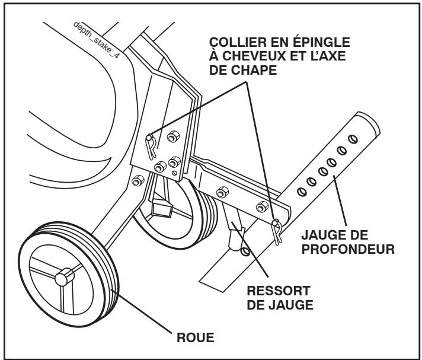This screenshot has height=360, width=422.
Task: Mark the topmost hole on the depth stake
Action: point(353,139)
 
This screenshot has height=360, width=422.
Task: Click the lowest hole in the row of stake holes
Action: point(302,191)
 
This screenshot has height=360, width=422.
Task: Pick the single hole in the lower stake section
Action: point(244,251)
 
